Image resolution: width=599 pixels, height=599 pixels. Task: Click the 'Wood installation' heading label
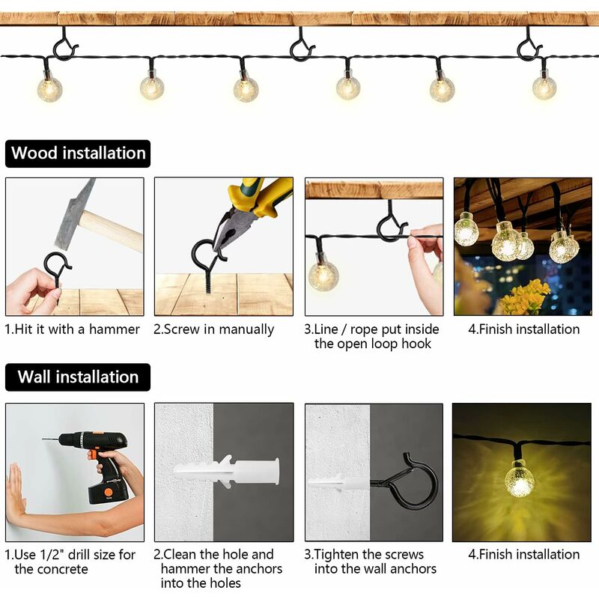78,153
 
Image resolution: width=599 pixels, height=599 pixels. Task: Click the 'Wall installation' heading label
78,377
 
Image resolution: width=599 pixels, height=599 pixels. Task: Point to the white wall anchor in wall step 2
225,472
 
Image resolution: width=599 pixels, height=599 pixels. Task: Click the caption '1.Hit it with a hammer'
73,329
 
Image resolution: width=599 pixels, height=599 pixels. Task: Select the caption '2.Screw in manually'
214,329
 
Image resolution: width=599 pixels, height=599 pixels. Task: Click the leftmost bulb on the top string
49,88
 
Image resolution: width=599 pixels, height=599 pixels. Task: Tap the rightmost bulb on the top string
544,87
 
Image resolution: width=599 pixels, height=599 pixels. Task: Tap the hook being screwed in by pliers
206,262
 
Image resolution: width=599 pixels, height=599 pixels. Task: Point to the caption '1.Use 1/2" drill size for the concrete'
71,562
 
